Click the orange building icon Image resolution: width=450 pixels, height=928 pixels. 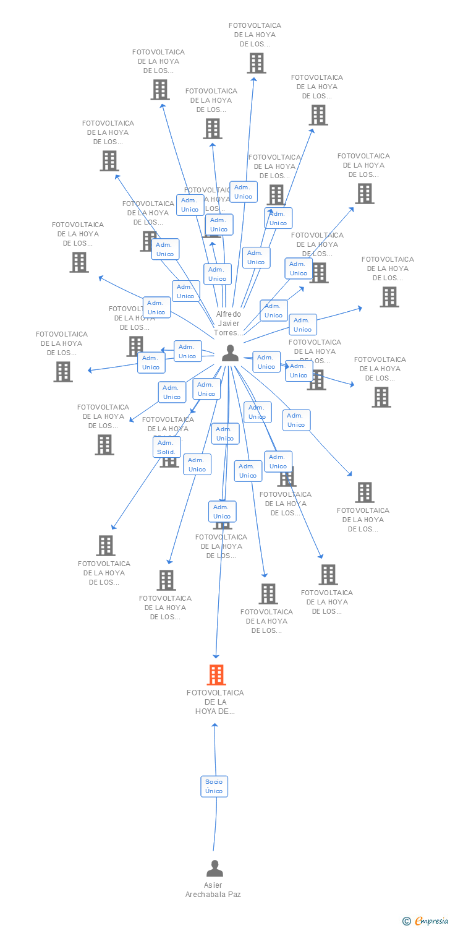point(216,674)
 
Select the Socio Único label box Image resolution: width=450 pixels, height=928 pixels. point(214,786)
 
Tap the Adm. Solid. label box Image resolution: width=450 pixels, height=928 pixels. point(166,447)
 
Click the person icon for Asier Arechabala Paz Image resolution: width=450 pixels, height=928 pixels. point(214,869)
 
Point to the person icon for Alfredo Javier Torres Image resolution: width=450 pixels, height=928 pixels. point(230,353)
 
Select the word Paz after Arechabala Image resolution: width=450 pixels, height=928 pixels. point(234,895)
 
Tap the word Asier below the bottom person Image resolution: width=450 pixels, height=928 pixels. point(213,885)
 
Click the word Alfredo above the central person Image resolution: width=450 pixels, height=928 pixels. point(229,314)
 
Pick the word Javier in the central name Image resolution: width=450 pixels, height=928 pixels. point(229,324)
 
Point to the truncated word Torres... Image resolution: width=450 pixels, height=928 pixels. point(229,333)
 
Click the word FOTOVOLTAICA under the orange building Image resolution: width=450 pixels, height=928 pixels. point(215,693)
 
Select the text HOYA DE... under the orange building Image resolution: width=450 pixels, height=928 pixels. point(215,711)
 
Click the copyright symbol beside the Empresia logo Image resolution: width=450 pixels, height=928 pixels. point(407,921)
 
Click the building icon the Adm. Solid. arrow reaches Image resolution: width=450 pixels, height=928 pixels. point(106,545)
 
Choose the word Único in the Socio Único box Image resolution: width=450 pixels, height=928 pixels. point(214,791)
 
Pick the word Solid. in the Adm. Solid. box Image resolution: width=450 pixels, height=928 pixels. point(166,452)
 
